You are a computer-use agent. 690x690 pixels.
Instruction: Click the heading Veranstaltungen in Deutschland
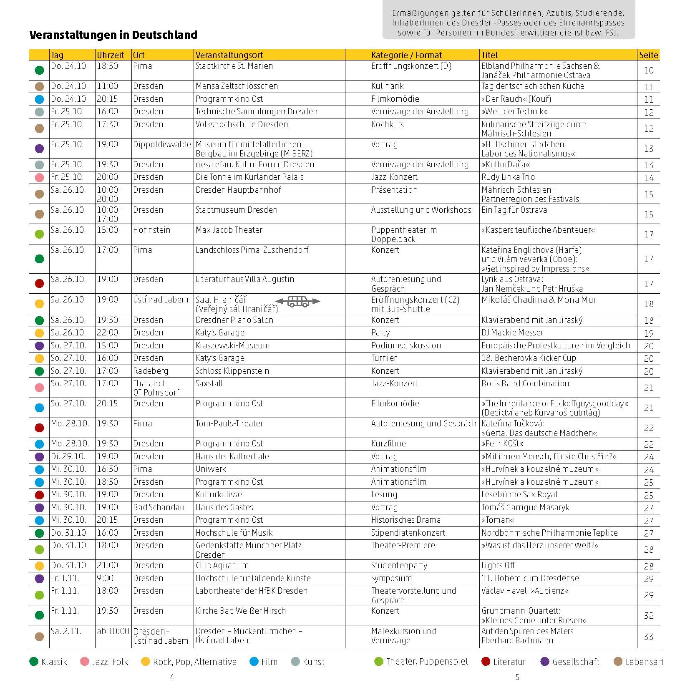tap(113, 35)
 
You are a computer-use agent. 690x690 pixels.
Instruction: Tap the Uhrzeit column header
tap(111, 55)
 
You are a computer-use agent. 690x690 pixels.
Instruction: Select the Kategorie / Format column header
tap(406, 55)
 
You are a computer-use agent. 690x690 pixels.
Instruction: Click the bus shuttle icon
tap(298, 302)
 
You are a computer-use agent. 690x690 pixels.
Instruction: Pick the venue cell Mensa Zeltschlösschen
tap(237, 86)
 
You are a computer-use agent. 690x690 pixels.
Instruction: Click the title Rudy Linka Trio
tap(508, 177)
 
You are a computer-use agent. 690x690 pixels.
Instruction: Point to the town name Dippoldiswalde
tap(162, 144)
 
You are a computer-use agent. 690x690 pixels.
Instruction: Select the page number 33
tap(648, 637)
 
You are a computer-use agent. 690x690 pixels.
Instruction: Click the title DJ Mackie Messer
tap(512, 332)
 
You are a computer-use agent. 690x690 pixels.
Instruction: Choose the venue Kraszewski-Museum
tap(232, 345)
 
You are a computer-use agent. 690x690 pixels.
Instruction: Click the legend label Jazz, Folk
tap(110, 662)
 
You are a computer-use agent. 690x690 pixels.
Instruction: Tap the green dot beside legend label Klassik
tap(34, 662)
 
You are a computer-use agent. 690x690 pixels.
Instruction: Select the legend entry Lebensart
tap(644, 662)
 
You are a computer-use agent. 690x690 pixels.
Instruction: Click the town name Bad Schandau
tap(159, 507)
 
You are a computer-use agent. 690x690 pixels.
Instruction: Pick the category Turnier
tap(384, 358)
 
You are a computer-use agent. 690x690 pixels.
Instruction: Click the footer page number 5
tap(517, 677)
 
